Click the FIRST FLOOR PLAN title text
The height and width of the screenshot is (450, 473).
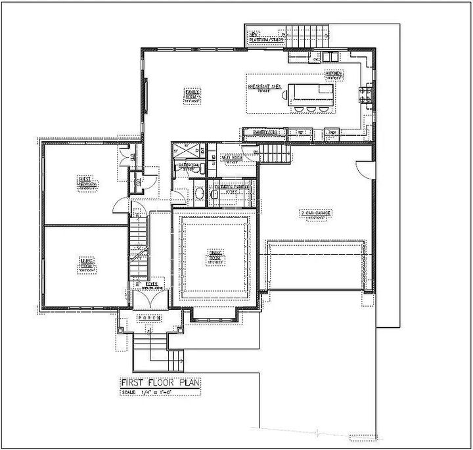(160, 383)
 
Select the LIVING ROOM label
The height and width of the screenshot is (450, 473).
(86, 265)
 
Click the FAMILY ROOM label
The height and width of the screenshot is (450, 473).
(191, 95)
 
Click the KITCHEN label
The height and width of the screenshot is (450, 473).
(334, 75)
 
